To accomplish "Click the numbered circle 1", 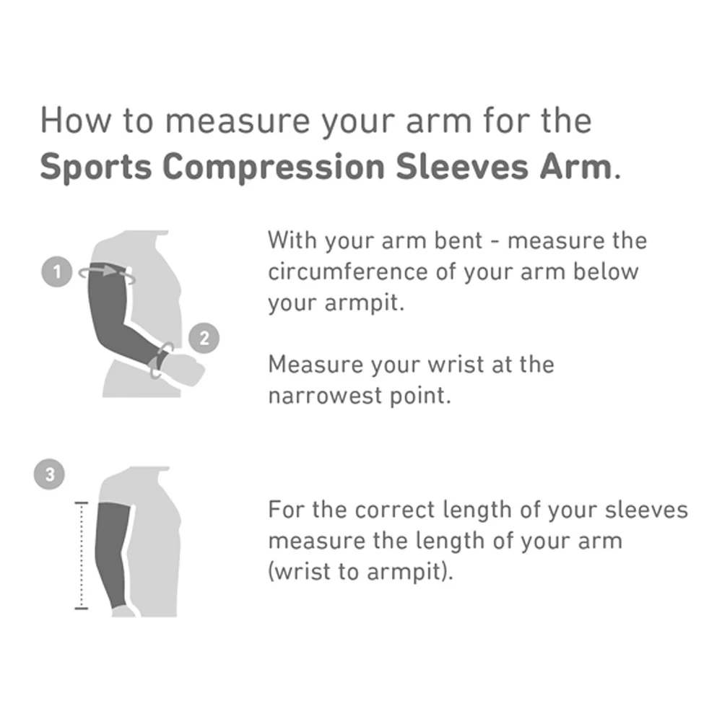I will tap(58, 272).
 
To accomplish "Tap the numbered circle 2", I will tap(204, 338).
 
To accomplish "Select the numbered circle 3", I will tap(49, 474).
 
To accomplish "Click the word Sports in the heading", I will tap(95, 168).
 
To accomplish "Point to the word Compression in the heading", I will tap(274, 168).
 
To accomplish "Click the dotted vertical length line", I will tap(81, 556).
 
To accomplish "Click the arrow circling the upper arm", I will tap(108, 271).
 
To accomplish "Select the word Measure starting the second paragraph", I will tap(315, 364).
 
